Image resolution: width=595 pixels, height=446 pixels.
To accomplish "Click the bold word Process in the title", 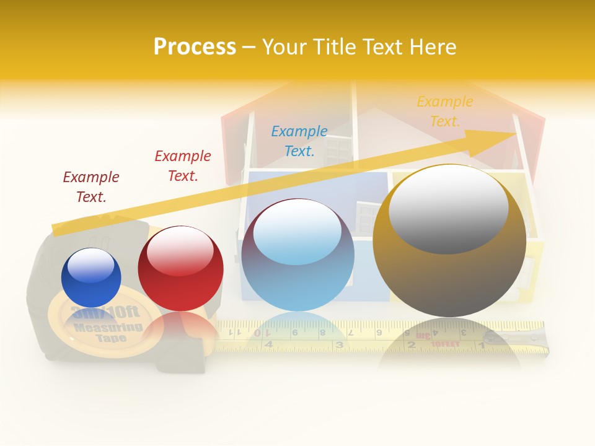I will coord(195,47).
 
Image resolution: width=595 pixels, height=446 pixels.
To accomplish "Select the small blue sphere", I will coord(91,278).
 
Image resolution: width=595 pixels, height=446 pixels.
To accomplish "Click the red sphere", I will coord(180,269).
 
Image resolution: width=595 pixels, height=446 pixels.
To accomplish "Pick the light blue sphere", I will coord(297,255).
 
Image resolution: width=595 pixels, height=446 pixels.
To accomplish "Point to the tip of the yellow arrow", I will coord(515,133).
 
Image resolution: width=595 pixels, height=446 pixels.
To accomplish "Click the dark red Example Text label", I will coord(91,186).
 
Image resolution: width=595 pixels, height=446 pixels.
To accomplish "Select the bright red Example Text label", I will coord(183,165).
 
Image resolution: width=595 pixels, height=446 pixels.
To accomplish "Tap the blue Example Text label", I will coord(299,141).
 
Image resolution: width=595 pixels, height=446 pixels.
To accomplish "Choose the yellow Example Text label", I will coord(444,111).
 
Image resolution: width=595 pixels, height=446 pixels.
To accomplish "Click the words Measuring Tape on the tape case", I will coord(109,333).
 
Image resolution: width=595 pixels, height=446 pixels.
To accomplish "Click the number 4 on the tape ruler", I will coord(268,344).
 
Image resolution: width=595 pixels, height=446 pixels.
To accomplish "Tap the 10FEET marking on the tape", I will coord(444,343).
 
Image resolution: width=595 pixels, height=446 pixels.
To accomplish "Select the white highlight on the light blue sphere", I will coord(297,232).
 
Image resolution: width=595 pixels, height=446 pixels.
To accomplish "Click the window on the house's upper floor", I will coord(338,150).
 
